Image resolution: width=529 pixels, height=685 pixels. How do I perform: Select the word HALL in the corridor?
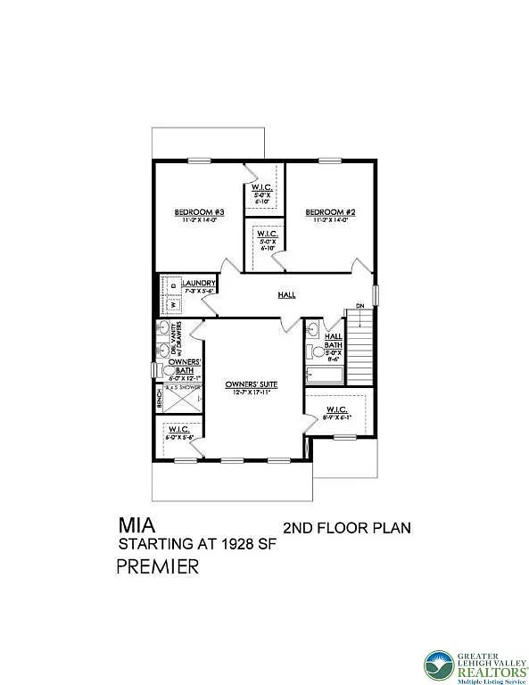tap(286, 295)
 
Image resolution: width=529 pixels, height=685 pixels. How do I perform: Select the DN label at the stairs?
tap(360, 307)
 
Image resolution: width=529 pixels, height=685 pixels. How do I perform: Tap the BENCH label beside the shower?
tap(159, 398)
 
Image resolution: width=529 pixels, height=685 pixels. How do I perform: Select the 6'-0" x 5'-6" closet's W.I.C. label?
tap(183, 430)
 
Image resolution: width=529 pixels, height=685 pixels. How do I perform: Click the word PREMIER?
tap(158, 567)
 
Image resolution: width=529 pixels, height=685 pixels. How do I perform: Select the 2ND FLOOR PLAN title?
tap(346, 527)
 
